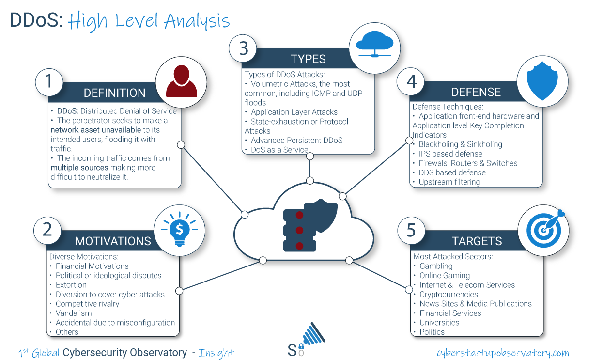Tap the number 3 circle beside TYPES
point(243,48)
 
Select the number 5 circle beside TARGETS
point(411,230)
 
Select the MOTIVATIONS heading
point(113,241)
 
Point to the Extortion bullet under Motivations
point(71,285)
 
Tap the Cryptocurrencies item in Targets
point(448,294)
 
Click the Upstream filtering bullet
point(449,182)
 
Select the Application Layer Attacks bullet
point(294,112)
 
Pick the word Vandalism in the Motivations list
point(74,313)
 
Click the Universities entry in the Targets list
point(439,323)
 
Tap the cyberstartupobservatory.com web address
point(503,353)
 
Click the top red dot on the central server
point(299,215)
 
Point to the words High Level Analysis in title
point(149,21)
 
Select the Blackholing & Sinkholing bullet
point(460,144)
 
